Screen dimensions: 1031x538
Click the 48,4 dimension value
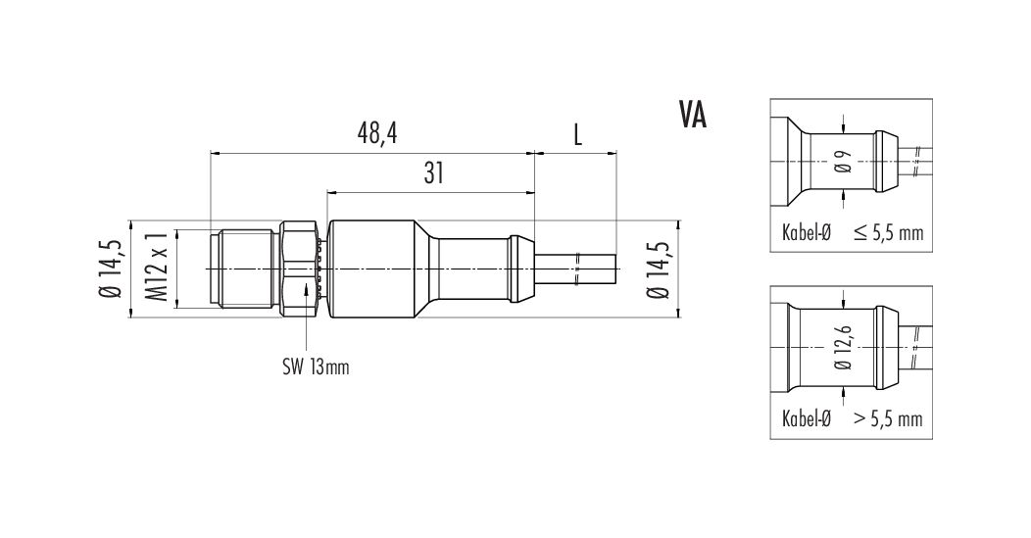click(x=377, y=134)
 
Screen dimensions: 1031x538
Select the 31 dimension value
click(x=434, y=173)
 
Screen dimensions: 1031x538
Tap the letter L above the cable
click(x=577, y=135)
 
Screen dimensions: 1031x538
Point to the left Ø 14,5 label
click(x=110, y=269)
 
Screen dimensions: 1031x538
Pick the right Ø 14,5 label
click(x=658, y=269)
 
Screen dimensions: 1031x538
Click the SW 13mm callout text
click(x=316, y=367)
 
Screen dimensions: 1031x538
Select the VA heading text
click(x=693, y=115)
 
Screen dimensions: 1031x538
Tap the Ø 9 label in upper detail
click(x=845, y=162)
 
